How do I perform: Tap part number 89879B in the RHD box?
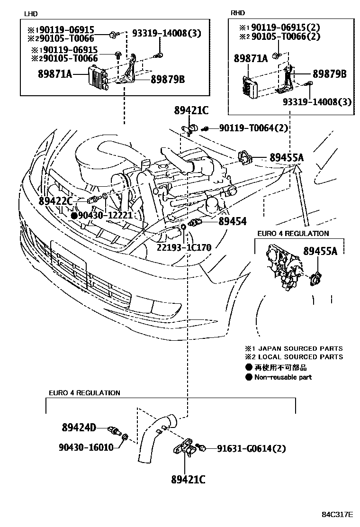pyautogui.click(x=329, y=74)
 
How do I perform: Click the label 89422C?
pyautogui.click(x=55, y=201)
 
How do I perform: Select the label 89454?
pyautogui.click(x=232, y=221)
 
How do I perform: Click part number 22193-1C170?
pyautogui.click(x=185, y=247)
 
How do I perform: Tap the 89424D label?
pyautogui.click(x=79, y=428)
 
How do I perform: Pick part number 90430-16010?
pyautogui.click(x=86, y=447)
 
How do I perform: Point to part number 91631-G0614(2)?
pyautogui.click(x=252, y=448)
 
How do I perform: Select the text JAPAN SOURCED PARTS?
pyautogui.click(x=303, y=348)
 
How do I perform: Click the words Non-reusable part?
pyautogui.click(x=283, y=377)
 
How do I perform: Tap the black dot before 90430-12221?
pyautogui.click(x=74, y=216)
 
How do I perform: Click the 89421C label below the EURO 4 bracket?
pyautogui.click(x=189, y=479)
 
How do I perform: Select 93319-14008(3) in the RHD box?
pyautogui.click(x=317, y=101)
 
